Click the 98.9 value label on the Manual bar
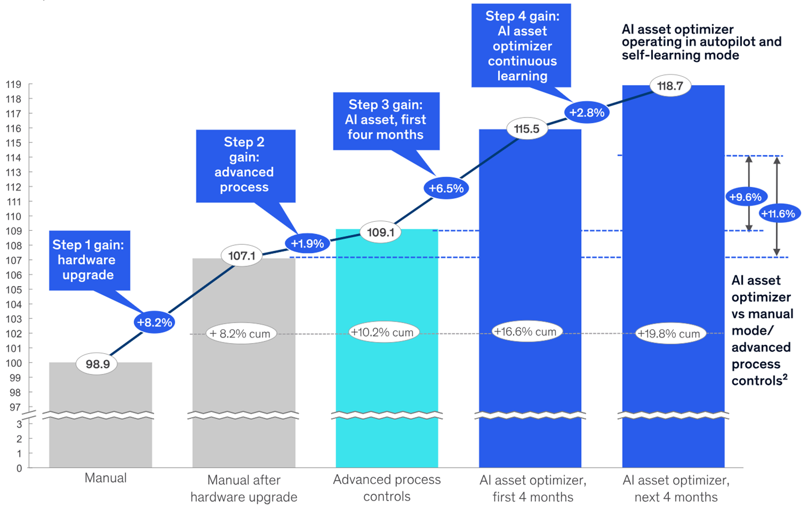[97, 364]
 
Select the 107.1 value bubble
[242, 256]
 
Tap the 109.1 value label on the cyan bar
[380, 232]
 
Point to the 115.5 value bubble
[526, 129]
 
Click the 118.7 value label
[670, 86]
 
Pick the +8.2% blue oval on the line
[154, 322]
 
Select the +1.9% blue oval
[307, 244]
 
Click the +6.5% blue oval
[446, 188]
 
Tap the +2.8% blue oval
[587, 113]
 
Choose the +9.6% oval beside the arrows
[745, 197]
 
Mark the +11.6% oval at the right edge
[778, 214]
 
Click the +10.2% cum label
[382, 332]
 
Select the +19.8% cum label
[668, 334]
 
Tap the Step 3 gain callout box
[386, 120]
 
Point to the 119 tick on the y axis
[13, 84]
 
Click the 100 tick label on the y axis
[13, 363]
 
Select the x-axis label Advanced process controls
[387, 487]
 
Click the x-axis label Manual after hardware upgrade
[244, 488]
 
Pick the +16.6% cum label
[525, 332]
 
